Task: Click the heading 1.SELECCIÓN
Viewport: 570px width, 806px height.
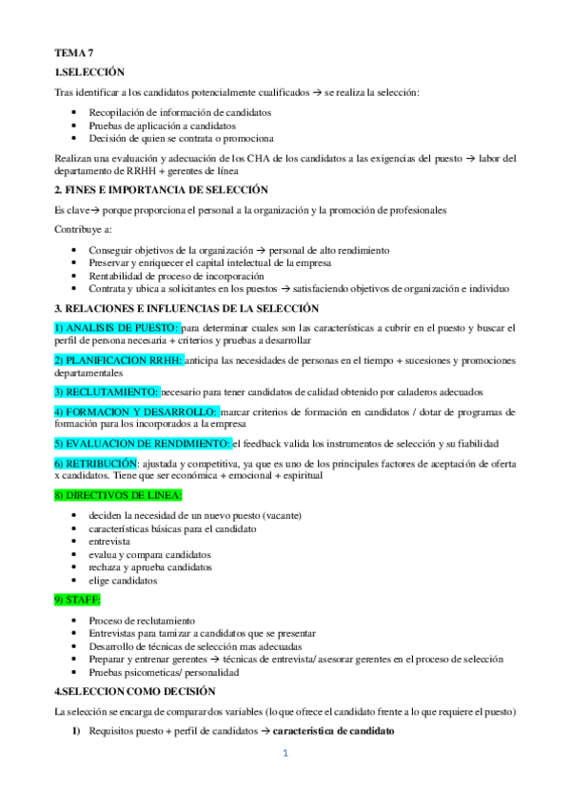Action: point(88,73)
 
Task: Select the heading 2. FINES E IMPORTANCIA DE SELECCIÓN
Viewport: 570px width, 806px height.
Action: point(161,190)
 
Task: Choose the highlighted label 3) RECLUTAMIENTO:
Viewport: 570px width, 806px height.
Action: point(106,392)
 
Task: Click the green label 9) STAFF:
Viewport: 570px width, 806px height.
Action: point(78,601)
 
